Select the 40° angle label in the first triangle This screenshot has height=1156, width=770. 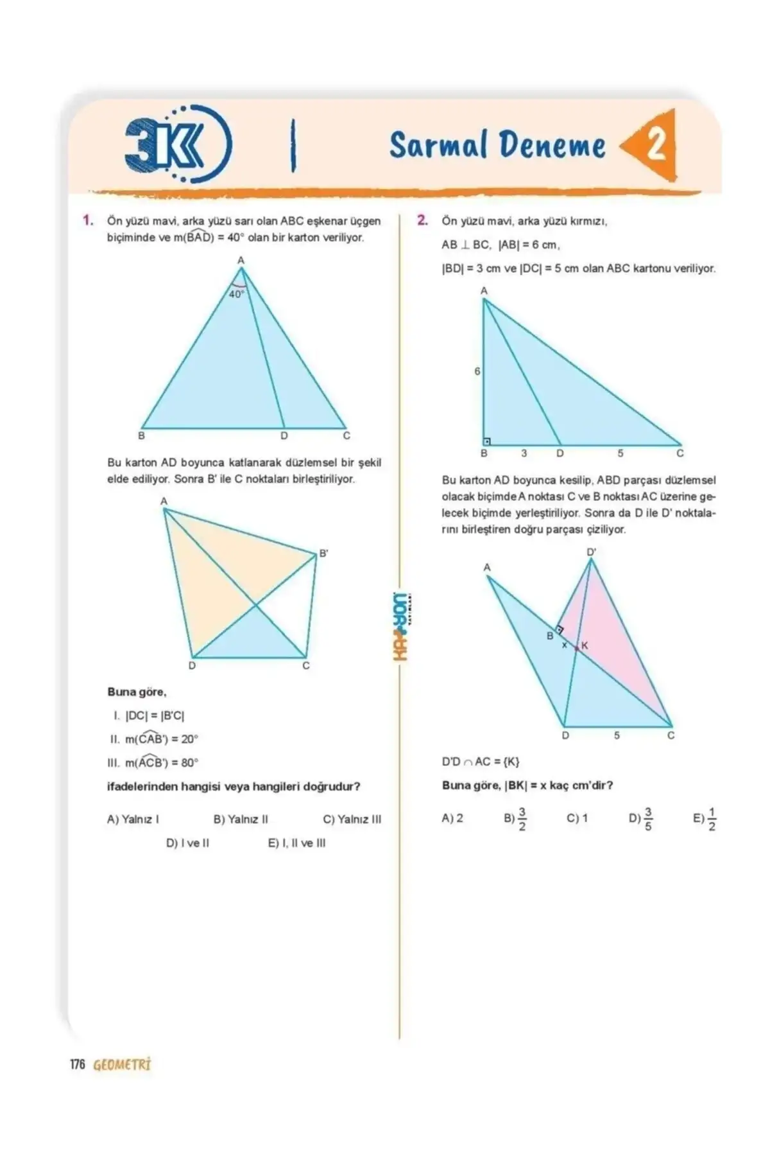(236, 294)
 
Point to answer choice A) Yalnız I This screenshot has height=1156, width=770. (133, 819)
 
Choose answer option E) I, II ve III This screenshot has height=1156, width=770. (296, 843)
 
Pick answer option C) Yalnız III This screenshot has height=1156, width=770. (352, 819)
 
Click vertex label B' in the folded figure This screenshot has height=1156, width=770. (324, 553)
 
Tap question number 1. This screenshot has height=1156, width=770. (88, 220)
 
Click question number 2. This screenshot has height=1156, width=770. (422, 220)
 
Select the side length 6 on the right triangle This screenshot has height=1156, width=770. (477, 371)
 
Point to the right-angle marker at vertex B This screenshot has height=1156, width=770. (488, 441)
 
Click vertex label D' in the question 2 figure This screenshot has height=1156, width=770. (591, 552)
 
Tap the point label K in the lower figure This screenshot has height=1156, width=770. (585, 645)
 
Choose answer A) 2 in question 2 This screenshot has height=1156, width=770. (452, 818)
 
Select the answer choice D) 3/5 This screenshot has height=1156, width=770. (641, 819)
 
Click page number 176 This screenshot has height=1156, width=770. (77, 1064)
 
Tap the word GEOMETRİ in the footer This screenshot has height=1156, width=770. (122, 1064)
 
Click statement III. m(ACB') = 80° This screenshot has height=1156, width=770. (154, 762)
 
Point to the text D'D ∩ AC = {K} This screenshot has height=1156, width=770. (480, 762)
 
